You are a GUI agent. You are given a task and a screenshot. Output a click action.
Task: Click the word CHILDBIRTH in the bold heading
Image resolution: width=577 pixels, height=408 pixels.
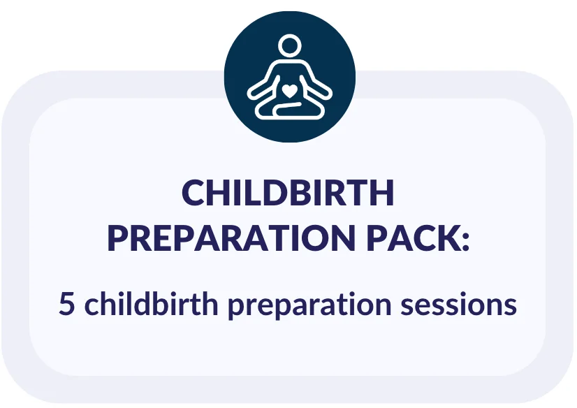288,194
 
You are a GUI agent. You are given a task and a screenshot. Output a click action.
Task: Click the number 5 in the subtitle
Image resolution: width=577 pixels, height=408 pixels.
67,305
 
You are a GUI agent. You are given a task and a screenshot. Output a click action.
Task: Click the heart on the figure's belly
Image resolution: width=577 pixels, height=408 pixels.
288,89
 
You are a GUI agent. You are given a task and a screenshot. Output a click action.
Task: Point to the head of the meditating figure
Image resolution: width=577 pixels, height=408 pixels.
288,47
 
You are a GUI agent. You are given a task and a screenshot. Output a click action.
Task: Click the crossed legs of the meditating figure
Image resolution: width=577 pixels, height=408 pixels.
288,110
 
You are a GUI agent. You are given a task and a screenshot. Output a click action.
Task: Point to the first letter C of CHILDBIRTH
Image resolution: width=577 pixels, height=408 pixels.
193,194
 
